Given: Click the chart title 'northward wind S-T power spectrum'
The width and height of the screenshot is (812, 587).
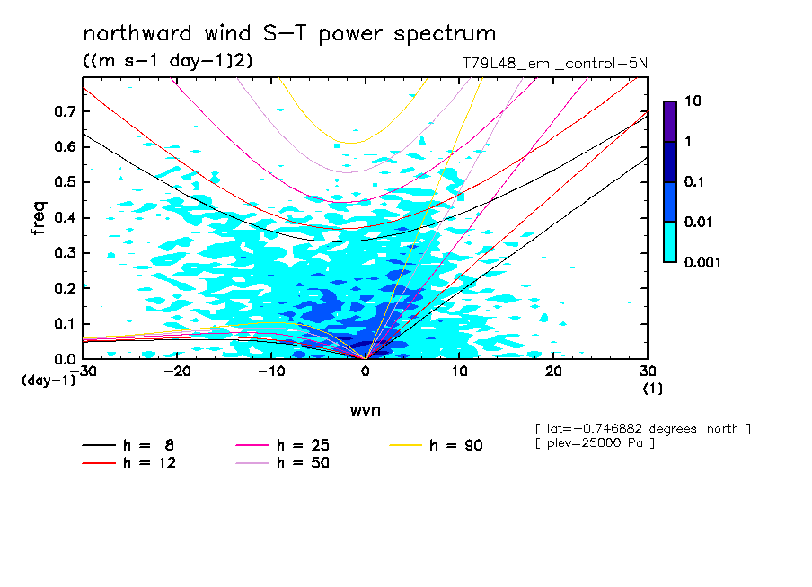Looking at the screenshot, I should pyautogui.click(x=289, y=34).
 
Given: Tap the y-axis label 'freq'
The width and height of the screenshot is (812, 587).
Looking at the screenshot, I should pyautogui.click(x=39, y=218).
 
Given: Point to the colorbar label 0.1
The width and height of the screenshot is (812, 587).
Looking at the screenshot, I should pyautogui.click(x=696, y=182).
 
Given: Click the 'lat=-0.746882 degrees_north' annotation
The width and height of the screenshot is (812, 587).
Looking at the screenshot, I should pyautogui.click(x=642, y=429).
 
